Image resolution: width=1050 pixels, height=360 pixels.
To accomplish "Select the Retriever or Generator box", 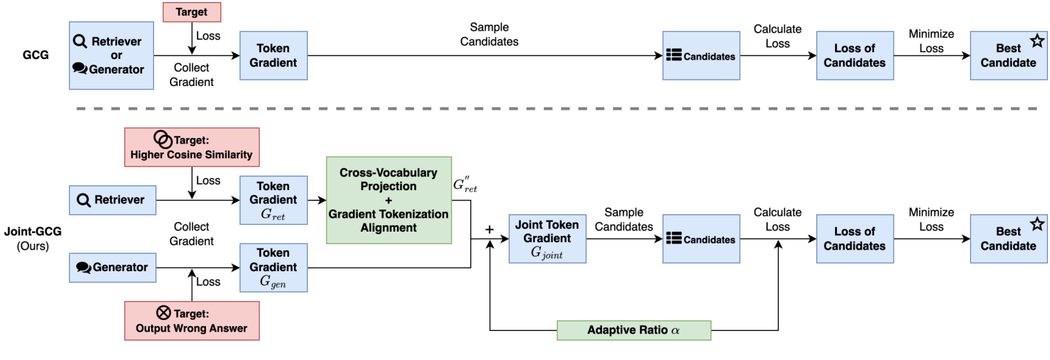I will pos(111,55).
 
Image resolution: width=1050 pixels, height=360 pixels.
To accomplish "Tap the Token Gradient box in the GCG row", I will pos(273,55).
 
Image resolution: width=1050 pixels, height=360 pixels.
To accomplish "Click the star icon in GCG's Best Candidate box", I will pos(1036,42).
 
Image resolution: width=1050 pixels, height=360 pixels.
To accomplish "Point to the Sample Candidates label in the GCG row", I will pos(494,35).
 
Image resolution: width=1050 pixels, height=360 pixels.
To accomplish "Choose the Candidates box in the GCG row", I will pos(700,55).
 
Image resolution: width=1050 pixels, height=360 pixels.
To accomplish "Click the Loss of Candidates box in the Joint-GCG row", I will pos(854,239).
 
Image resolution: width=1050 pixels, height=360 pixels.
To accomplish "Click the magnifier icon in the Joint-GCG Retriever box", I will pos(84,200).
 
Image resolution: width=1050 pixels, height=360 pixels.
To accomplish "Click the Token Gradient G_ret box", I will pos(273,200).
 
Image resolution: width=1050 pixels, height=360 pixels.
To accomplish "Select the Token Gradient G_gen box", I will pos(273,267).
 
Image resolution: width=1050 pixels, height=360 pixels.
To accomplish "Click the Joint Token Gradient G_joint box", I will pos(547,239).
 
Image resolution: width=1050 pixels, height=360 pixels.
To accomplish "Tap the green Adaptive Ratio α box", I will pos(634,329).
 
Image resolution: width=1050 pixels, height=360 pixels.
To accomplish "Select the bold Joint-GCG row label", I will pos(31,232).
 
